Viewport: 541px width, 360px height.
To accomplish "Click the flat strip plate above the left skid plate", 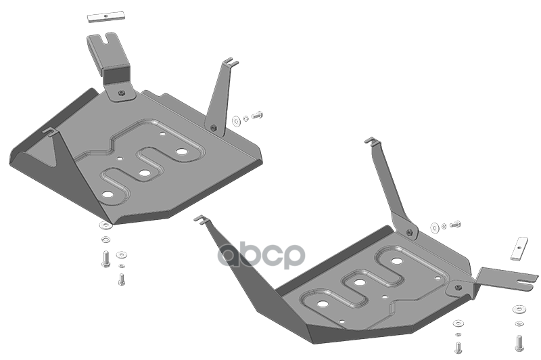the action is click(x=106, y=18).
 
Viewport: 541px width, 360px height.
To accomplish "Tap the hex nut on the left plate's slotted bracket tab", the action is click(x=121, y=93).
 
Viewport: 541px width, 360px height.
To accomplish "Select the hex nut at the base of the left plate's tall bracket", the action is click(x=213, y=128).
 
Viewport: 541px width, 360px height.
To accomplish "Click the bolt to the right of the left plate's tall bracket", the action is click(x=258, y=115).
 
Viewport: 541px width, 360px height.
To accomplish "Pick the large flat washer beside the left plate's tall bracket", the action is click(x=237, y=121).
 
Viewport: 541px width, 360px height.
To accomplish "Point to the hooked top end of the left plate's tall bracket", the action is click(x=231, y=62).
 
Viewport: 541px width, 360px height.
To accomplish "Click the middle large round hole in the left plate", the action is click(x=145, y=173).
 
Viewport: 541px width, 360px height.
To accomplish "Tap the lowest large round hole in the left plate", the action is click(x=108, y=194).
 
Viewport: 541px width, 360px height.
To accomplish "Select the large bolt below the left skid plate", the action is click(x=106, y=259).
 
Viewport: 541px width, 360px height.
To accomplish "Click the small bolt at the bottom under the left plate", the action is click(x=121, y=279).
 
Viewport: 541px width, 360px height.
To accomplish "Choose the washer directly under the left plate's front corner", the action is click(x=105, y=226).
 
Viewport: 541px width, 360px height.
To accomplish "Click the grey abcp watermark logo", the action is click(x=261, y=255).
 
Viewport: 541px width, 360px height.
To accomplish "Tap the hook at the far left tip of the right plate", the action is click(x=200, y=219).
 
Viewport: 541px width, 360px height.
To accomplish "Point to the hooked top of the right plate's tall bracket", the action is click(x=372, y=140).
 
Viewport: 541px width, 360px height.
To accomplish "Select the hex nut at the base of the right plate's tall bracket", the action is click(x=409, y=232).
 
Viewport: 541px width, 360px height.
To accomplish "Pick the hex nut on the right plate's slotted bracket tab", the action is click(x=458, y=288).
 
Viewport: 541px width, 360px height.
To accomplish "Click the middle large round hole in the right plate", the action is click(x=360, y=282).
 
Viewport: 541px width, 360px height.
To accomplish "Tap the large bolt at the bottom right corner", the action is click(x=519, y=343).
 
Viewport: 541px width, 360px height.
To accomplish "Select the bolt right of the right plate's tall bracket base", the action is click(x=455, y=225).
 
